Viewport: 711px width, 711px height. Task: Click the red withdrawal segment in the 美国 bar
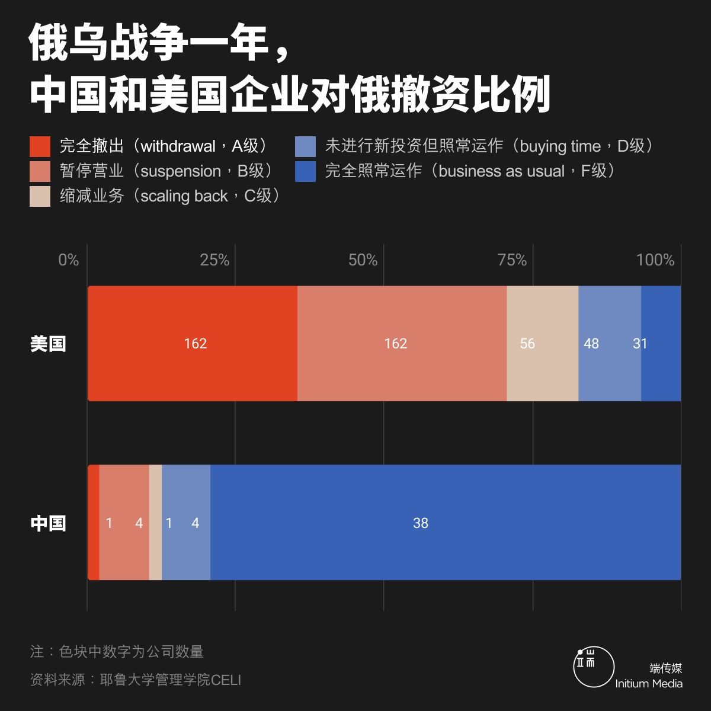pos(193,344)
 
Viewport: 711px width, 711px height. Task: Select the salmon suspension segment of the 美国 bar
pos(402,344)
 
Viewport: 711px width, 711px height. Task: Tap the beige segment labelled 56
pos(542,344)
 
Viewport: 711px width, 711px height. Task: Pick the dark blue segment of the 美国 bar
pos(661,344)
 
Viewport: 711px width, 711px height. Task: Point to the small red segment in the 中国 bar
pos(93,523)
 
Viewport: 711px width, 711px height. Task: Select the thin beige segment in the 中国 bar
pos(155,523)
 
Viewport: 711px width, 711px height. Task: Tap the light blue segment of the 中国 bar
pos(186,523)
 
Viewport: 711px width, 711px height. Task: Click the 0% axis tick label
pos(68,260)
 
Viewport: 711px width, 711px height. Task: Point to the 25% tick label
pos(214,260)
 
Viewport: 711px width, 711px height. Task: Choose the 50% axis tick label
pos(363,260)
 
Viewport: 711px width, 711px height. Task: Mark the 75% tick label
pos(512,260)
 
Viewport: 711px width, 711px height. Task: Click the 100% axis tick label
pos(655,260)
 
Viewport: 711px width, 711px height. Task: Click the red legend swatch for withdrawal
pos(40,146)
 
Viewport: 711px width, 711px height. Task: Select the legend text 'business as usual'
pos(501,171)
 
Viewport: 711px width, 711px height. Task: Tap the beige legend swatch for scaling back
pos(40,196)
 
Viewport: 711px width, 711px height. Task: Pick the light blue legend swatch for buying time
pos(305,146)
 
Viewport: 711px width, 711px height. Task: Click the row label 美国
pos(48,344)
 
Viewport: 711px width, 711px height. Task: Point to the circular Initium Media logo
pos(594,667)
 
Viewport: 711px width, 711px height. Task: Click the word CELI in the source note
pos(226,680)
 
